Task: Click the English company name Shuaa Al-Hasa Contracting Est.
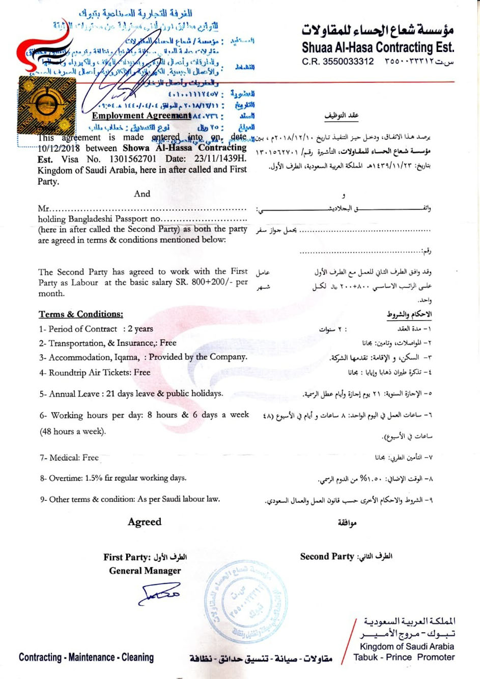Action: click(378, 48)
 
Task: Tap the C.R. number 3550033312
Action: click(348, 62)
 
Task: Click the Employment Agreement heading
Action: click(142, 116)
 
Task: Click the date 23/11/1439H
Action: click(220, 159)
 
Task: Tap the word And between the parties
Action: click(142, 194)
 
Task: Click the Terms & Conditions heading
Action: click(81, 314)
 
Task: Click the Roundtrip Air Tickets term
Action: click(95, 373)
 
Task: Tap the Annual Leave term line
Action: click(131, 394)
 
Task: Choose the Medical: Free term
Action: click(69, 458)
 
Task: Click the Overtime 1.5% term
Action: click(113, 478)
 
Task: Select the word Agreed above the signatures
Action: click(145, 522)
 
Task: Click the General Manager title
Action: click(145, 571)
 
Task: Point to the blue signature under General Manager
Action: click(159, 593)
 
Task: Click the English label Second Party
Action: click(327, 557)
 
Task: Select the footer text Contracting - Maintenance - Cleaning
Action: click(87, 658)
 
